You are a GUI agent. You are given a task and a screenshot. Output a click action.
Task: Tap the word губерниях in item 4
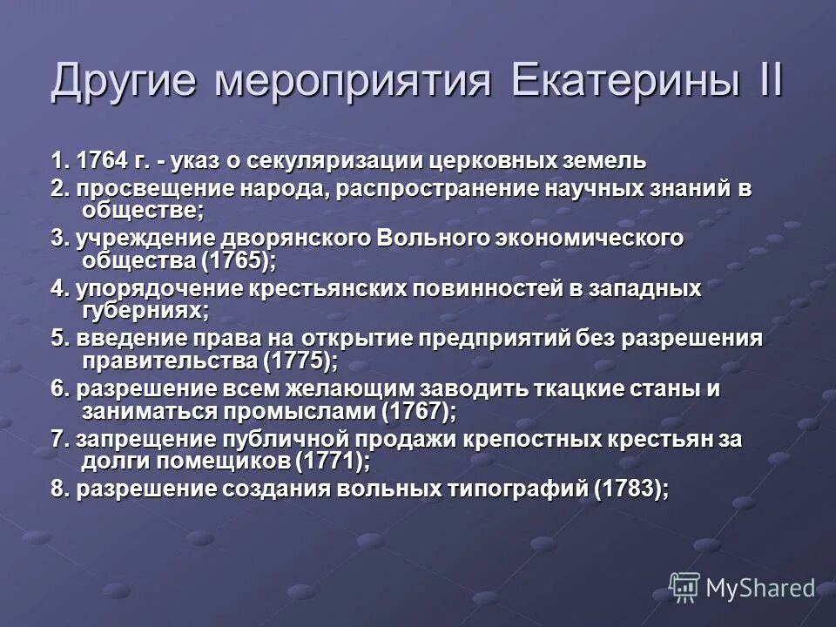[143, 310]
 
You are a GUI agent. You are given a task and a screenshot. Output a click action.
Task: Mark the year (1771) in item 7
[334, 460]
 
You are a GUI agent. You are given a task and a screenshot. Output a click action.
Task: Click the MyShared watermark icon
[685, 587]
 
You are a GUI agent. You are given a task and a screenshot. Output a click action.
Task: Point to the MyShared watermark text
[760, 589]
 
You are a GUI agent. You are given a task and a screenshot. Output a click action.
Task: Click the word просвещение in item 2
[137, 189]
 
